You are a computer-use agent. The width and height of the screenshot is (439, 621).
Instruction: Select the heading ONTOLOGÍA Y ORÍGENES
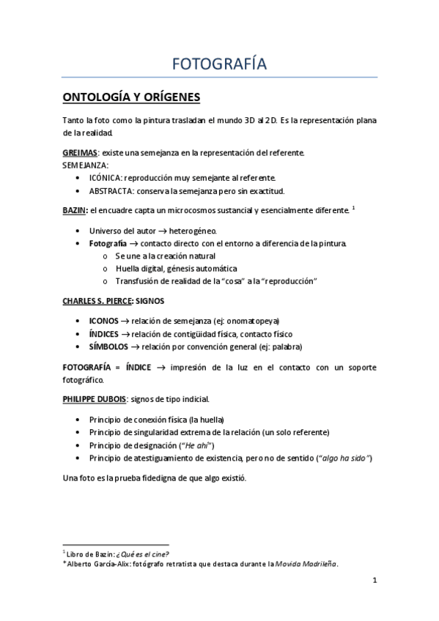point(131,97)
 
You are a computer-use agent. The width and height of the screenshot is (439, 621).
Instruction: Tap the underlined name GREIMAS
point(80,152)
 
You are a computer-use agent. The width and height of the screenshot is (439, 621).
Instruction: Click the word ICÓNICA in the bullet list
point(106,177)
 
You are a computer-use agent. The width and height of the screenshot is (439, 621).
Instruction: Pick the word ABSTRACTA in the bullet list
point(111,191)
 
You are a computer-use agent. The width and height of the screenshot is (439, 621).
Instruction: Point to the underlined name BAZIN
point(75,211)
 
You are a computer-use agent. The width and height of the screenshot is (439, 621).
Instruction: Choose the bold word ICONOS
point(104,321)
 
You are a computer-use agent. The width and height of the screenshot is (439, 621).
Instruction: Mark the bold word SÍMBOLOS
point(108,346)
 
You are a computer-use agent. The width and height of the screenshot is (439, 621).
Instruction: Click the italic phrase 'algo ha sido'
point(345,458)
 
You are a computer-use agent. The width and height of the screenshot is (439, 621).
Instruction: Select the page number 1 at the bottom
point(374,581)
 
